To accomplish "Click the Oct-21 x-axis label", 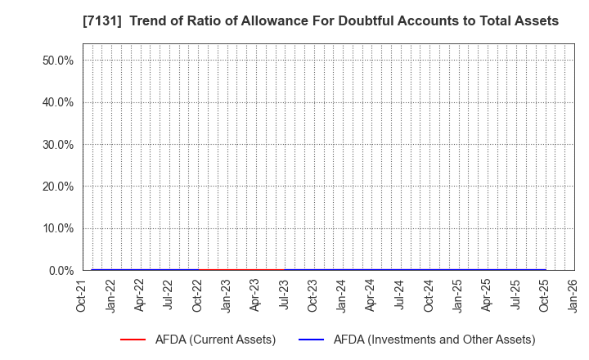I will [x=83, y=295].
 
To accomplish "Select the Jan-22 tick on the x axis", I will [x=111, y=295].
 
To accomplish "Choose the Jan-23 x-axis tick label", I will [x=227, y=295].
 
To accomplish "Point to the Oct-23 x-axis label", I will [x=313, y=295].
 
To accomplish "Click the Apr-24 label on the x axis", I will [x=371, y=295].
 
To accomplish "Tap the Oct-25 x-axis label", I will [x=545, y=295].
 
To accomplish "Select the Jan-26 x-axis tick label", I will [x=573, y=295].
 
